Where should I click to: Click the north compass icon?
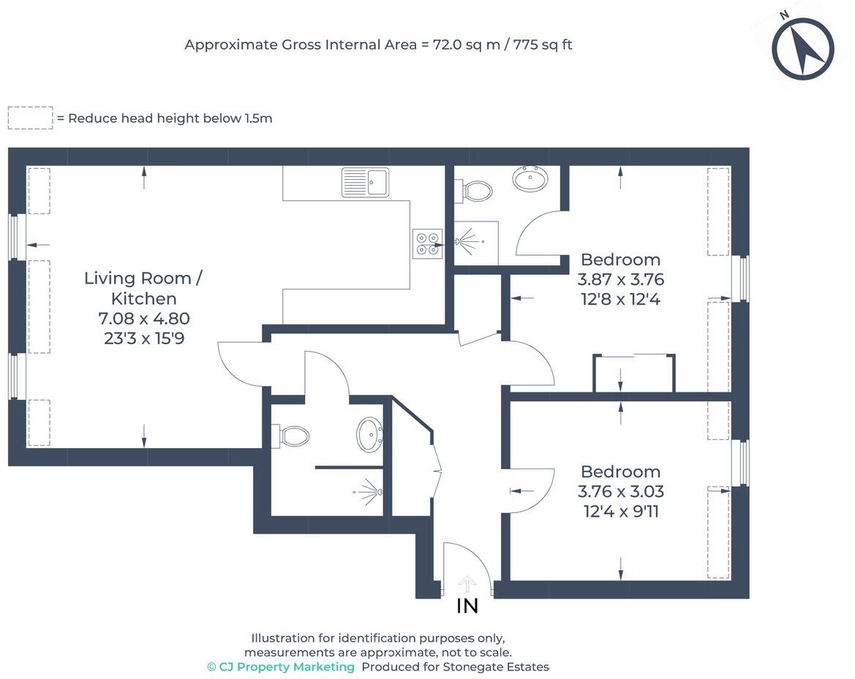coord(802,48)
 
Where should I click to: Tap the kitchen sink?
coord(366,182)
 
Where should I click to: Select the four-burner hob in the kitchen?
coord(427,243)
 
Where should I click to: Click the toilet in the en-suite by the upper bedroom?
coord(476,191)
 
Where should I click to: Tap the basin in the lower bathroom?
coord(369,434)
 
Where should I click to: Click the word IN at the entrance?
coord(467,606)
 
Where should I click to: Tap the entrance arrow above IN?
coord(467,583)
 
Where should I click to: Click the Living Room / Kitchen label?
coord(143,288)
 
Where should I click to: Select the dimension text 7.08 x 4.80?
coord(143,319)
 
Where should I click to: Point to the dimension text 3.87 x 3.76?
coord(620,279)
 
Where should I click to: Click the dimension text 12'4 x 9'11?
coord(620,512)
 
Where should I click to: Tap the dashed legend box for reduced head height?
coord(30,118)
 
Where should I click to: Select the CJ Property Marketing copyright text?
coord(281,667)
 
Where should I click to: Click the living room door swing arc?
coord(233,362)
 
